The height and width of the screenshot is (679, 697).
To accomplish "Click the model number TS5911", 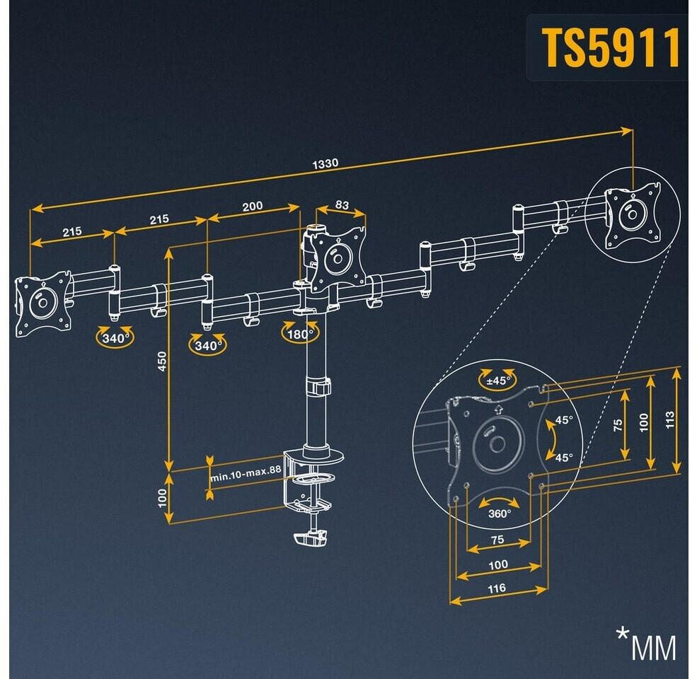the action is click(611, 47).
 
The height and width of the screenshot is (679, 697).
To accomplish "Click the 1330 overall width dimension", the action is click(325, 164).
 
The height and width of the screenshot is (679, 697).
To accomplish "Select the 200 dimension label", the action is click(253, 207).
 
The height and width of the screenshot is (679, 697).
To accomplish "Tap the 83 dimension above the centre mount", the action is click(342, 205).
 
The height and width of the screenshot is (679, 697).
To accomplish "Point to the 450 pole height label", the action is click(162, 361).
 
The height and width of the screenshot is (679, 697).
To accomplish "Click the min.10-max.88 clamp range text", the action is click(246, 474).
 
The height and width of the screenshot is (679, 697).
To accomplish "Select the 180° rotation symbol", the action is click(299, 334).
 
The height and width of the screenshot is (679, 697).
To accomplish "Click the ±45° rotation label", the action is click(498, 381).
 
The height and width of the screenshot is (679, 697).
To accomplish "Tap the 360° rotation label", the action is click(500, 513).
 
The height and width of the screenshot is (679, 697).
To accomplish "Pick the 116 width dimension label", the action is click(497, 588).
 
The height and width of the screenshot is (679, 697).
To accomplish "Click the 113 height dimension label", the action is click(670, 420).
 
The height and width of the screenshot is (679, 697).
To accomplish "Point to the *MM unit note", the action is click(646, 644).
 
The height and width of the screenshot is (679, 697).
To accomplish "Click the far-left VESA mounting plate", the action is click(43, 303).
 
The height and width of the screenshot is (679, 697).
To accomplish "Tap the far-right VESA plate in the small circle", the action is click(633, 216).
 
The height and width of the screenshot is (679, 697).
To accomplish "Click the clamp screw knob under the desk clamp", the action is click(311, 538).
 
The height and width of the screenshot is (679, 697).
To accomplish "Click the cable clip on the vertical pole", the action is click(320, 387).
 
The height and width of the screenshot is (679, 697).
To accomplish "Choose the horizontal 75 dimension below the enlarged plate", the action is click(497, 540).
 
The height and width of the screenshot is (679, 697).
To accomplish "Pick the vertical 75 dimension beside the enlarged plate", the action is click(618, 425).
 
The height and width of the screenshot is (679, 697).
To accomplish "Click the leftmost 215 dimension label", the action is click(72, 231).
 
